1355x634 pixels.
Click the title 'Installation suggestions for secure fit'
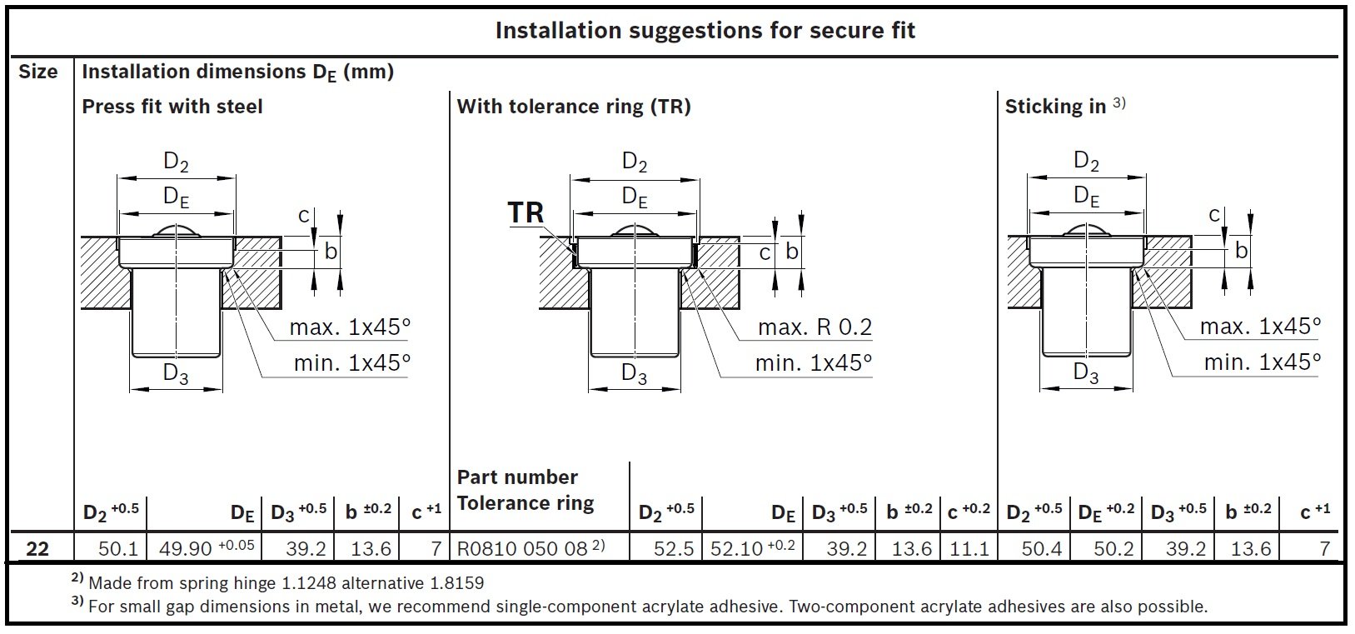tap(705, 31)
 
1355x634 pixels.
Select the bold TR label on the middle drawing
tap(526, 212)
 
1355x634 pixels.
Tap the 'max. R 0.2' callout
tap(814, 327)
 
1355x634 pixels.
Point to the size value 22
tap(38, 548)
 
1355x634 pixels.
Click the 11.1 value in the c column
tap(969, 548)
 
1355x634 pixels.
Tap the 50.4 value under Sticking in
tap(1041, 548)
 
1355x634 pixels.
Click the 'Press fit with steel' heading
tap(172, 107)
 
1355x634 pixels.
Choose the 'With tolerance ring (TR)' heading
tap(574, 107)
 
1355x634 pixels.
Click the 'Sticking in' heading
tap(1055, 107)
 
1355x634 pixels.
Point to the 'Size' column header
tap(38, 72)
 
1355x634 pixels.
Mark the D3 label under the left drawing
tap(176, 374)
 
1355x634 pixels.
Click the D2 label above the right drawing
tap(1086, 161)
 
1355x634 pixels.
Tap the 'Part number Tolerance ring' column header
tap(526, 490)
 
